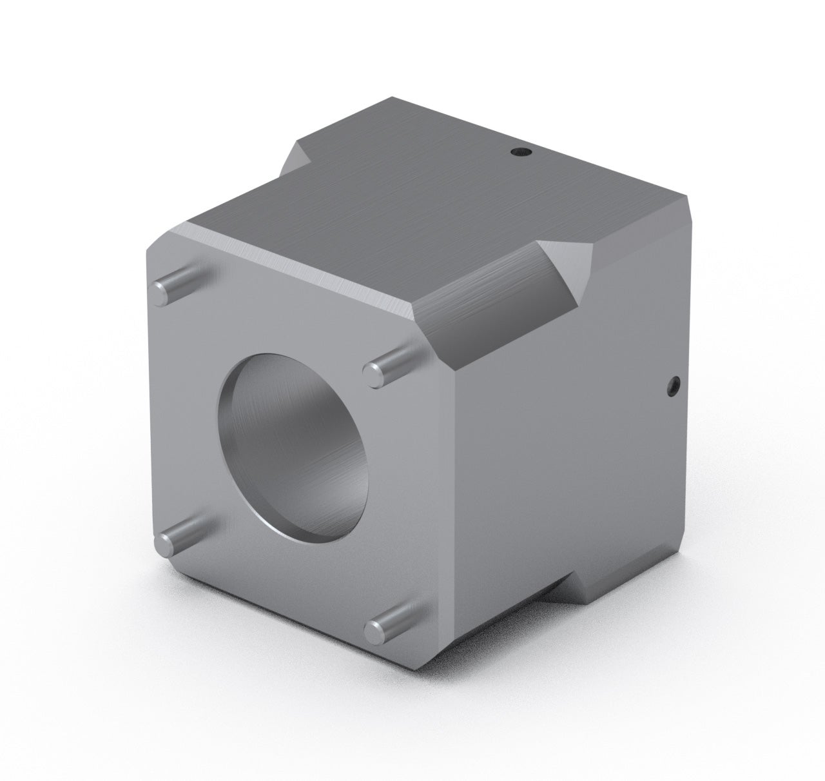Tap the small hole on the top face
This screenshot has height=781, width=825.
pos(519,152)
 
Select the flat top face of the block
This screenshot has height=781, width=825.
pos(419,206)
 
